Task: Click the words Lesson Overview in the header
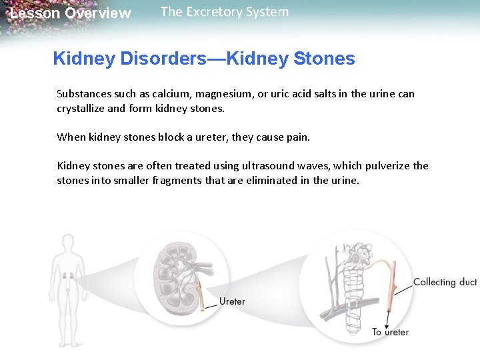click(70, 13)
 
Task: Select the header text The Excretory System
click(225, 12)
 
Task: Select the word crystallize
click(83, 108)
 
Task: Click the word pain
click(298, 137)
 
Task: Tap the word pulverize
click(387, 166)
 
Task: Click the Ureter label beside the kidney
click(232, 301)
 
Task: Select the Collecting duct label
click(445, 282)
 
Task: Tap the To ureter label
click(390, 332)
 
